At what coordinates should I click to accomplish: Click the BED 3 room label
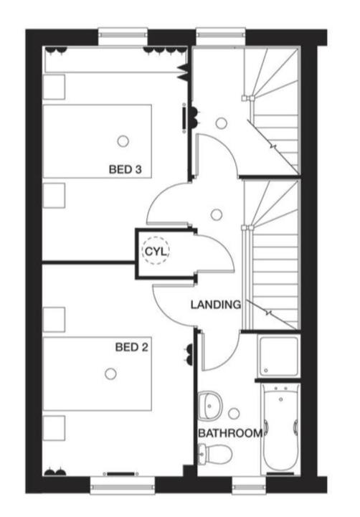click(125, 169)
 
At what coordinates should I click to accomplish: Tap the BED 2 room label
click(131, 347)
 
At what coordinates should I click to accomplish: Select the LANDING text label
click(216, 305)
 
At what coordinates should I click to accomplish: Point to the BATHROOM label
click(230, 433)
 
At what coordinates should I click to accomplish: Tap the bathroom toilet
click(214, 453)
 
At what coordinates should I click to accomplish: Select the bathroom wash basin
click(210, 406)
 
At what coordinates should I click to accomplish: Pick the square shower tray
click(278, 356)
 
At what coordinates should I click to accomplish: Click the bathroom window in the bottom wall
click(249, 485)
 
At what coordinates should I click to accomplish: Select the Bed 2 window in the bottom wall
click(123, 485)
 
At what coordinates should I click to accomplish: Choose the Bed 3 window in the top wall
click(123, 37)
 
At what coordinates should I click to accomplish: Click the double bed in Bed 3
click(98, 141)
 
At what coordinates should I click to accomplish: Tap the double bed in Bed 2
click(98, 374)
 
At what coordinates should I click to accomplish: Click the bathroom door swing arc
click(229, 357)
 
